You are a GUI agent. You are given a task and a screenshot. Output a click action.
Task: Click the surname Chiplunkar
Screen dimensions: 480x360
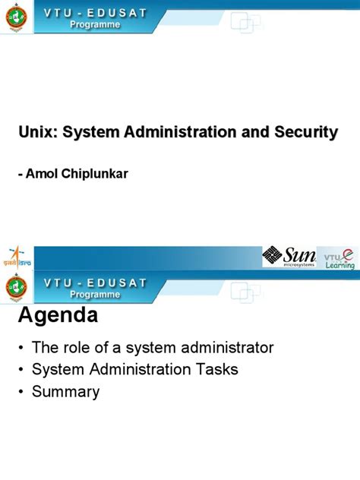(x=96, y=174)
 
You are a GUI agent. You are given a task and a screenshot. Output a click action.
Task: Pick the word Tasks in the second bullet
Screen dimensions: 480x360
(x=218, y=370)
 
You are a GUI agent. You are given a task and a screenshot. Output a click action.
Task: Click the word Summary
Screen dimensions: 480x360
(x=65, y=392)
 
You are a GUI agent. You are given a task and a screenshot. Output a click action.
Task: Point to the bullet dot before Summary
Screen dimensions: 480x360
(x=21, y=393)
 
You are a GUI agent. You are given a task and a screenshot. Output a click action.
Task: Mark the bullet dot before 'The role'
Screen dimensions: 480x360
(x=21, y=349)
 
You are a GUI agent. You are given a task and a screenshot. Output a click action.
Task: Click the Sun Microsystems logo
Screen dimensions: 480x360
(x=289, y=256)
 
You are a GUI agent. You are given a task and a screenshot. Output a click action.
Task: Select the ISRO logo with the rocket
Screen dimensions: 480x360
(x=14, y=257)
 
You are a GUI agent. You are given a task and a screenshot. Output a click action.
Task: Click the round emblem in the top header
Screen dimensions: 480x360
(x=15, y=17)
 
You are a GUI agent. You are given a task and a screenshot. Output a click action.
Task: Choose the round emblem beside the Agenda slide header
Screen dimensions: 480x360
(x=15, y=287)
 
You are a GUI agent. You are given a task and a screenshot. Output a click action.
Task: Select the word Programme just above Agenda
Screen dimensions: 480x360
(x=95, y=294)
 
